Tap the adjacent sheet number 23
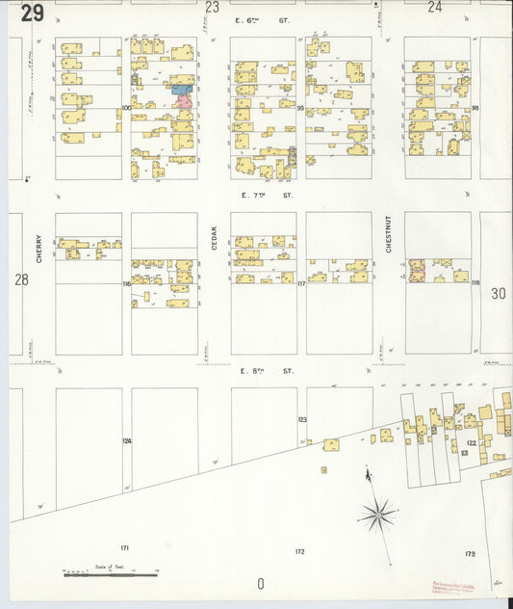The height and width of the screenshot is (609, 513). coord(212,7)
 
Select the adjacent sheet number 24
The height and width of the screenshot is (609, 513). coord(435,7)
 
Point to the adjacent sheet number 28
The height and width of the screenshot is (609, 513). coord(21,279)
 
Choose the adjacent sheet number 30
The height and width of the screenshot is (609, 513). coord(497,294)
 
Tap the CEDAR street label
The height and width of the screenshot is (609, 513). coord(214,237)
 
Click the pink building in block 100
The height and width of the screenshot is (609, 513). coord(183,99)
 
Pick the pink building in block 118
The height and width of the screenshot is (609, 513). coord(417,270)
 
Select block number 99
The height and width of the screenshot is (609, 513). coord(300,109)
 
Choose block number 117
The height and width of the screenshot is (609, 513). coord(300,283)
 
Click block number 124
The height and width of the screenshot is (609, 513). coord(126,440)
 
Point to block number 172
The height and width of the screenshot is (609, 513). coord(299,551)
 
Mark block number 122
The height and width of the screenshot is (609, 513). coord(471,443)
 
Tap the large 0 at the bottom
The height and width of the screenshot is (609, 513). coord(260,584)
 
